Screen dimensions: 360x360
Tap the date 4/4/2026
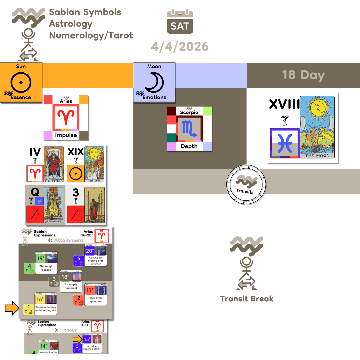(180, 46)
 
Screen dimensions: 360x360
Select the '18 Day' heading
(303, 75)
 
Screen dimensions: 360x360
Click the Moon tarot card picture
(317, 127)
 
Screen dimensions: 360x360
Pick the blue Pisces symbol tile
(284, 143)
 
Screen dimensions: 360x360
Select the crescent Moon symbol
(154, 82)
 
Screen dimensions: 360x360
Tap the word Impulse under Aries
(66, 135)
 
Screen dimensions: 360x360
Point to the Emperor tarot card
(53, 164)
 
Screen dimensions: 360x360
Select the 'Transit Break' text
(247, 299)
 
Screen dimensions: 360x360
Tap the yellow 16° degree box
(40, 299)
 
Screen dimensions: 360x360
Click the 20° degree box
(90, 251)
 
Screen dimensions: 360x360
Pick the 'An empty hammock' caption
(71, 286)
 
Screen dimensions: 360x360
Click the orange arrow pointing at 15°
(77, 339)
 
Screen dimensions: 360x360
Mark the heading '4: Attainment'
(65, 240)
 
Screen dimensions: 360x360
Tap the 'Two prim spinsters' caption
(96, 300)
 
